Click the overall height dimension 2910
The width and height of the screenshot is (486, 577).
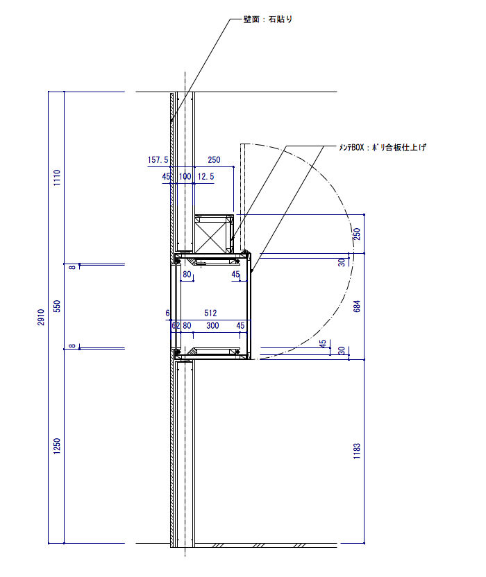[41, 317]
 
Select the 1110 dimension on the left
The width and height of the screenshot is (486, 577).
[57, 178]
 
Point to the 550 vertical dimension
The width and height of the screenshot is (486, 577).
[57, 306]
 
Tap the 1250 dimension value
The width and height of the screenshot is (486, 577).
[57, 446]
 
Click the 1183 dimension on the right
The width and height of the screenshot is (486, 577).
[357, 451]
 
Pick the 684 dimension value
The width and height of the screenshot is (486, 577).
[357, 306]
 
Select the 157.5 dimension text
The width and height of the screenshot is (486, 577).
[158, 160]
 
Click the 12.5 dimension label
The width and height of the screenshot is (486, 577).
[206, 177]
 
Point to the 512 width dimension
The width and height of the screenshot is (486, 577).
[210, 313]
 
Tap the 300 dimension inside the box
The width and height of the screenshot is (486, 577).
[212, 326]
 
